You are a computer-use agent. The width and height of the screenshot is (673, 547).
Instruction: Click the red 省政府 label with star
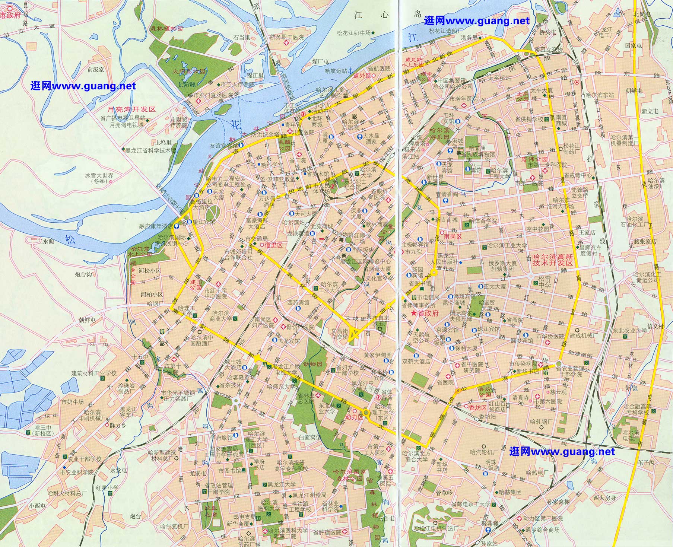pyautogui.click(x=425, y=314)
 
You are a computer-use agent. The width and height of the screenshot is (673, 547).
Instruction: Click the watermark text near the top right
pyautogui.click(x=477, y=21)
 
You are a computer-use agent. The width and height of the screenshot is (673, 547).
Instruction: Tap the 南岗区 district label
pyautogui.click(x=453, y=236)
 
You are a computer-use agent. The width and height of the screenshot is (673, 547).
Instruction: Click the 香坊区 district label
pyautogui.click(x=477, y=408)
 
